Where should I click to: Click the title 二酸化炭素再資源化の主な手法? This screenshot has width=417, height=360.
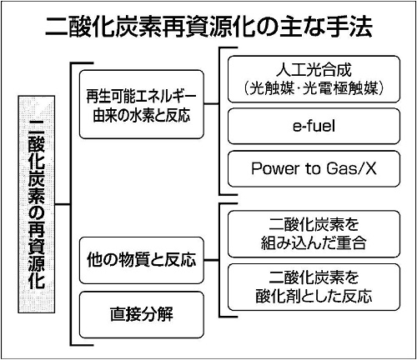pos(208,27)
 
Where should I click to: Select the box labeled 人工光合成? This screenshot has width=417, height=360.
pos(314,79)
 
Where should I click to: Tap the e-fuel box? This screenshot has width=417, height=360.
pos(314,126)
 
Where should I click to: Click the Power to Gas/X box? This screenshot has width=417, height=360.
pos(314,168)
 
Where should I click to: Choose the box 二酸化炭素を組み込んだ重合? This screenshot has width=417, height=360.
pos(314,234)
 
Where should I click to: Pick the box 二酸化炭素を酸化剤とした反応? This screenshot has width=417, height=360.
pos(314,287)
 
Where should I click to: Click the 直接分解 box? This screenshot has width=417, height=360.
pos(142,314)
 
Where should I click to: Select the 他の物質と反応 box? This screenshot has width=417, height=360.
pos(142,260)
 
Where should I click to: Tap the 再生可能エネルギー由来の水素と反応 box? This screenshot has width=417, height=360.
pos(142,104)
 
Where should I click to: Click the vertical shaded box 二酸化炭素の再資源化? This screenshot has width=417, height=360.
pos(37,204)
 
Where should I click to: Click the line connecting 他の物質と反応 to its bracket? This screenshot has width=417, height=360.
pos(212,260)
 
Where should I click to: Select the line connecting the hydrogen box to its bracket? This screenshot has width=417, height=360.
pos(212,104)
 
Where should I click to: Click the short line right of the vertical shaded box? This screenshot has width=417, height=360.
pos(63,205)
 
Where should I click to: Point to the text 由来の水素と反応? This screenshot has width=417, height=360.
pos(142,115)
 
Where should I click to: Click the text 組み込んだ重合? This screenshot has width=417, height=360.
pos(314,243)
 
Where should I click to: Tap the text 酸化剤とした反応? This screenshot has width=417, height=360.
pos(314,296)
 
